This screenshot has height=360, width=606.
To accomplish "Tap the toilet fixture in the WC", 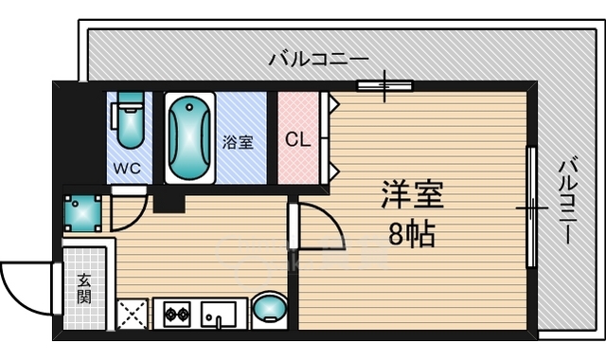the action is (128, 121).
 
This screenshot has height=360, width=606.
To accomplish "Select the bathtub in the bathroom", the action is (191, 137).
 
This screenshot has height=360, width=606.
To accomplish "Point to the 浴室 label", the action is (238, 143).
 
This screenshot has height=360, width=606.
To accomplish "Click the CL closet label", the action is (297, 140).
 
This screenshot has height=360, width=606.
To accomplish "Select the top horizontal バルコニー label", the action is (318, 58).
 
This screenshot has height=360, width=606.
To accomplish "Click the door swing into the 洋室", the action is (319, 224).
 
